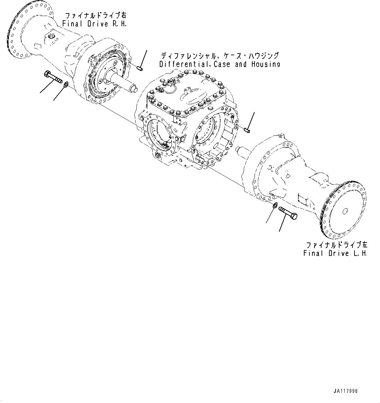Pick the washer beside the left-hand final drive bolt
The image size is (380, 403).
click(x=275, y=205)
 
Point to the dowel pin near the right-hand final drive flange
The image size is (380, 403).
click(x=140, y=68)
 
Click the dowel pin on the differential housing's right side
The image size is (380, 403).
click(x=247, y=131)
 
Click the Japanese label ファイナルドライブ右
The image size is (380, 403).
click(x=94, y=15)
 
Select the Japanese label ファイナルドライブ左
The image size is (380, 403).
click(x=336, y=245)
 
